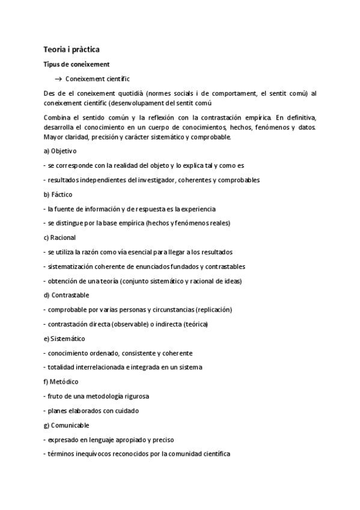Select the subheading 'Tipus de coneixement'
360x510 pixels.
(76, 64)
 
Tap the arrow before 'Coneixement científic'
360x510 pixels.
(59, 79)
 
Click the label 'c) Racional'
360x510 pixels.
(59, 238)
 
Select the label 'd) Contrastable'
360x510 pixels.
(66, 295)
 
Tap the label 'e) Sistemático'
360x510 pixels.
(64, 339)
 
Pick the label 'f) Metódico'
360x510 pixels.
(61, 382)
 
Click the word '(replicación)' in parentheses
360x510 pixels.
(213, 310)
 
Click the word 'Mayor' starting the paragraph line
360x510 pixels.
(53, 137)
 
